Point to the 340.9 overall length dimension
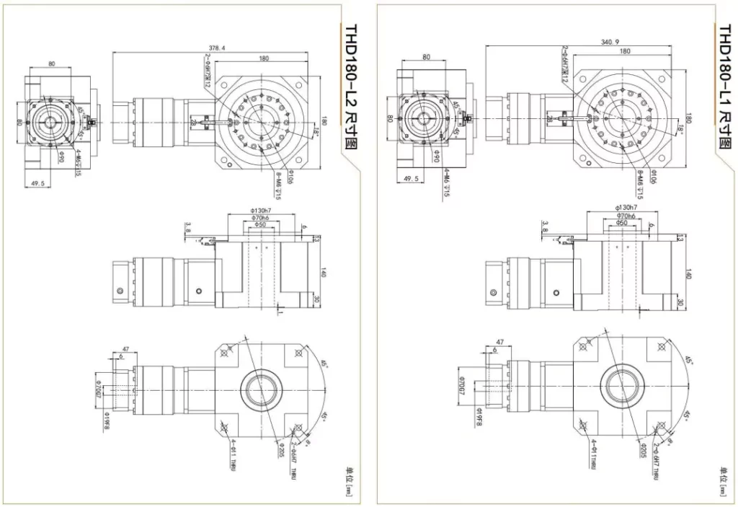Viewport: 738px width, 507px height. point(610,43)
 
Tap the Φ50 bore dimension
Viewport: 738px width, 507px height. point(258,225)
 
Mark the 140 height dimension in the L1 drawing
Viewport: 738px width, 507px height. point(688,274)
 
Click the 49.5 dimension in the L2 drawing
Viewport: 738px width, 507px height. point(39,184)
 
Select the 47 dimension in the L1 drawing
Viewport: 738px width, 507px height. point(499,343)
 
